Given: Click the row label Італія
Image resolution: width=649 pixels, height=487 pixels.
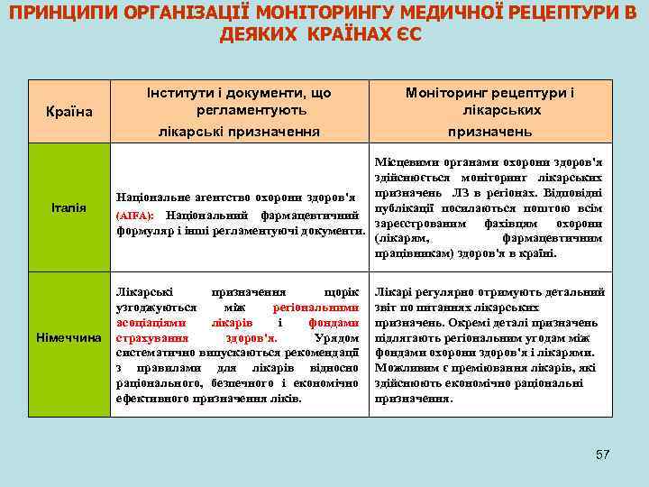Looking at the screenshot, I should [69, 208].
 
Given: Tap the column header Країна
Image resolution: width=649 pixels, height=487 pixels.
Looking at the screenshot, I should [69, 112].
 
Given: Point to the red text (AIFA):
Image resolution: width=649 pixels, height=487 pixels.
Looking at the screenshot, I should [134, 216].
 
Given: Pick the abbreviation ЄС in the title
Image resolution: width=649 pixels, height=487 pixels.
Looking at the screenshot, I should [407, 35].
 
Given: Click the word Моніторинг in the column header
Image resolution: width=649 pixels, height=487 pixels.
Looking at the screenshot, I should [452, 93].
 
